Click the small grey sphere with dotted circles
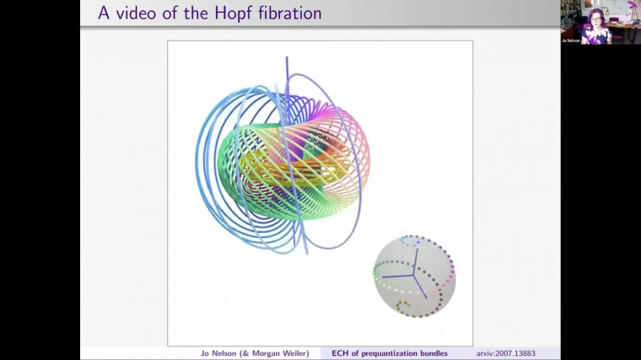click(414, 276)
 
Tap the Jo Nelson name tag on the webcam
click(571, 40)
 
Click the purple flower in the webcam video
click(633, 5)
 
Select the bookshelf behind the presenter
click(571, 10)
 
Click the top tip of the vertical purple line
click(287, 58)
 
